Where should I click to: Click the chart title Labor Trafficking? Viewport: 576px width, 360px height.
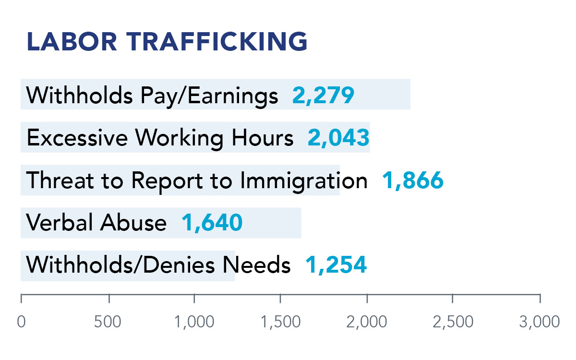167,42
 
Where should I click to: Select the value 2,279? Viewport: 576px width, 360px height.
323,96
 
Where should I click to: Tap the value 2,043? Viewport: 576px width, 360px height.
338,138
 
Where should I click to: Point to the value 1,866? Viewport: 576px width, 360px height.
413,181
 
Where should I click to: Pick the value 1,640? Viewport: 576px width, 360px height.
212,223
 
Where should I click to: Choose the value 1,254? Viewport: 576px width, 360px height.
336,265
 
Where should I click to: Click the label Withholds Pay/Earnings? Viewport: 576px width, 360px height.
152,96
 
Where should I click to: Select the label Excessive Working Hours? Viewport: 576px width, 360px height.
160,138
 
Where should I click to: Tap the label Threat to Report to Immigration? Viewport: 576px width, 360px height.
197,181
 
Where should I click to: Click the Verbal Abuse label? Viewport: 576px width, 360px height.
96,223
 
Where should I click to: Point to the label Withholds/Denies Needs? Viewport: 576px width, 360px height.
158,265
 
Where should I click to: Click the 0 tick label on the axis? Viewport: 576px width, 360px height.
21,322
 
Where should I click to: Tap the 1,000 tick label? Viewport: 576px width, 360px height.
195,322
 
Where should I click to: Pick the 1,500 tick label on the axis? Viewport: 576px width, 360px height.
281,322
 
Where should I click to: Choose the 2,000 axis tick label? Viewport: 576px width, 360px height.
367,322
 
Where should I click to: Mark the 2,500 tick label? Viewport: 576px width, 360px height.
453,322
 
